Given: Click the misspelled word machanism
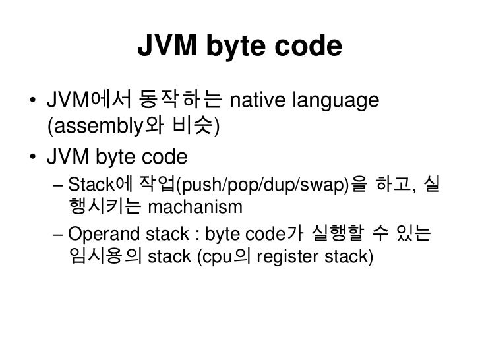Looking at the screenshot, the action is click(196, 208).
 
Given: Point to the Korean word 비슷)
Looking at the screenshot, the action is click(187, 129).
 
